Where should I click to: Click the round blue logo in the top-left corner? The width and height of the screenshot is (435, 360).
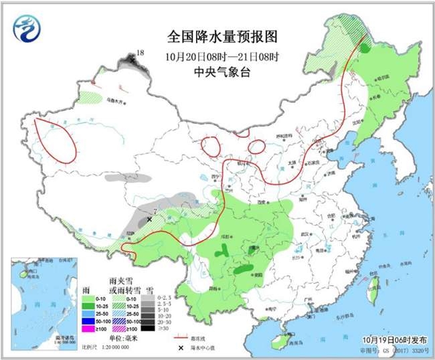pos(26,29)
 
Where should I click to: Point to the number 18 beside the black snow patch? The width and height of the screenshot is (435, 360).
pos(140,52)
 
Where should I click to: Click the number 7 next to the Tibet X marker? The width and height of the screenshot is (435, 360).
pos(155,213)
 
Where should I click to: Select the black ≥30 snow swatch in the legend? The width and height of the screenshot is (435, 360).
pos(153,329)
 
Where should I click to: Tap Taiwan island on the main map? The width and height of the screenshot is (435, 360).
pos(373,292)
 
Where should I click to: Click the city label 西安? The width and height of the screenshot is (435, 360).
pos(255,201)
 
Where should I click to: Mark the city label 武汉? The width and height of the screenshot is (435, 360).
pos(309,234)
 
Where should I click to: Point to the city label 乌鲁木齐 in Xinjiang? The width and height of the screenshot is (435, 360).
pos(115,100)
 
